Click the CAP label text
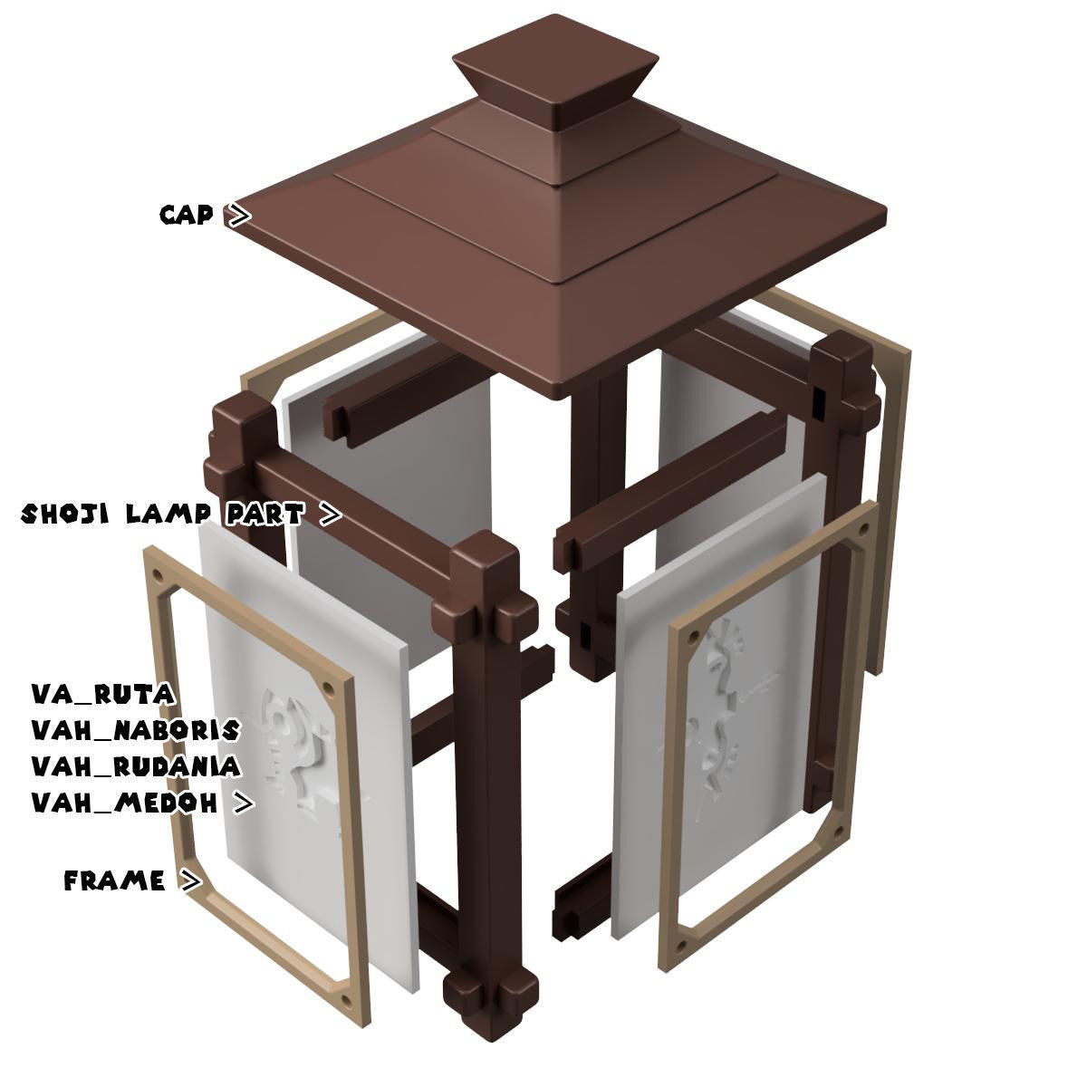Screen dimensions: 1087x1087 187,215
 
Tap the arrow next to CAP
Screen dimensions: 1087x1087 238,216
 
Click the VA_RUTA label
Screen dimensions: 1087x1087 102,694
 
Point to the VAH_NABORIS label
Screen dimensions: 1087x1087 136,730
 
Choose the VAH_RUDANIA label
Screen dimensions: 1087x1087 136,766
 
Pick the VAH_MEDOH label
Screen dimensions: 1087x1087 125,803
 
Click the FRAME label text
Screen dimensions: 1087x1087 115,880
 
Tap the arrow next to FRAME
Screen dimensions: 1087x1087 190,880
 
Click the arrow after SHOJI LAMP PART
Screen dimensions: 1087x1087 332,515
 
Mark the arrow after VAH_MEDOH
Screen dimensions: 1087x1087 243,803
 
